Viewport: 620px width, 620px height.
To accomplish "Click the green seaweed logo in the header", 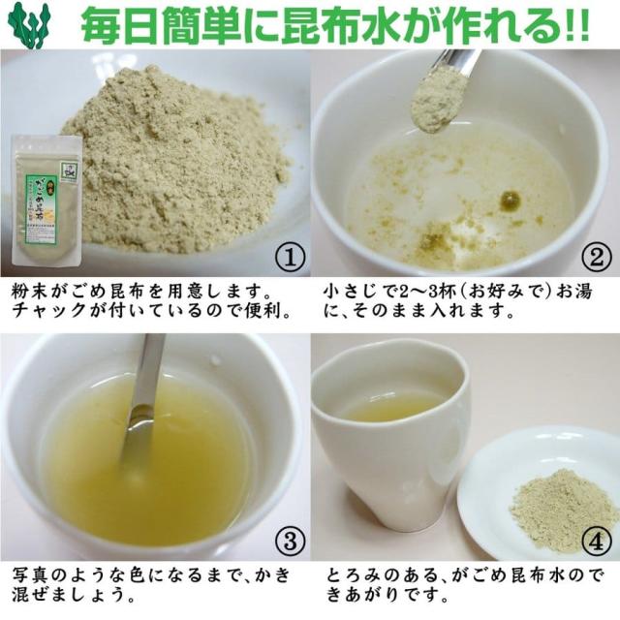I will pyautogui.click(x=30, y=24).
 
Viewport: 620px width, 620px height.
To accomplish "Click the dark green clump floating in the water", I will pyautogui.click(x=510, y=201).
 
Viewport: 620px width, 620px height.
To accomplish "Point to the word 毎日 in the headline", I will pyautogui.click(x=115, y=25).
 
